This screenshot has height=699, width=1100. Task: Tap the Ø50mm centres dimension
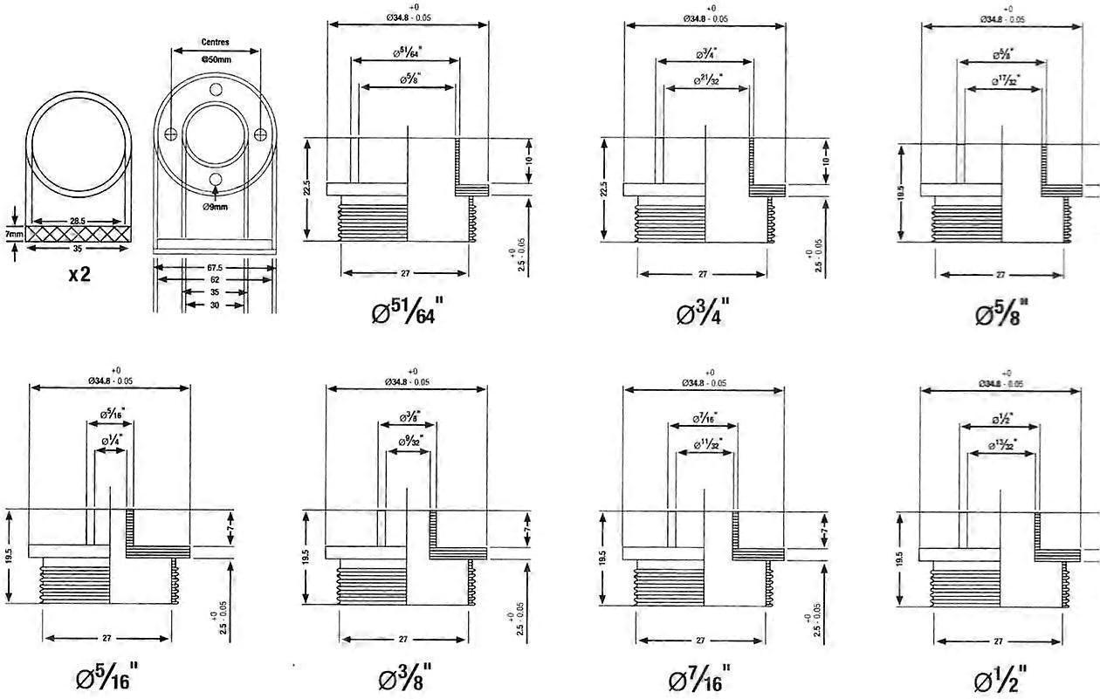tap(215, 59)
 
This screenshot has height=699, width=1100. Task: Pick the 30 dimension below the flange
tap(214, 305)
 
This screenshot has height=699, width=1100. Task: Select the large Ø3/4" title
tap(703, 311)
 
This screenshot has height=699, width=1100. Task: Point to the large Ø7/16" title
tap(700, 676)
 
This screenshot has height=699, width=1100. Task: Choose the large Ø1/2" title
tap(1000, 676)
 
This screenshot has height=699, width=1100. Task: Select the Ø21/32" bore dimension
tap(708, 79)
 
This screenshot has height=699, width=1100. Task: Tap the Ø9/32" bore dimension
tap(406, 439)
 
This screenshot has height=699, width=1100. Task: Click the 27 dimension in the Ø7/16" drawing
tap(701, 640)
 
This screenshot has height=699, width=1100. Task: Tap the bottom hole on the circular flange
tap(215, 180)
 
